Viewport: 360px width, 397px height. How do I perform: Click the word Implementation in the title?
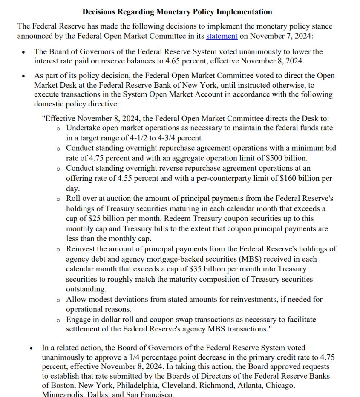[244, 11]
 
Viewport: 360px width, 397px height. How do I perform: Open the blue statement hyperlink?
[222, 36]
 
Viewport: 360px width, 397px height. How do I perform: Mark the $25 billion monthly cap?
[107, 218]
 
